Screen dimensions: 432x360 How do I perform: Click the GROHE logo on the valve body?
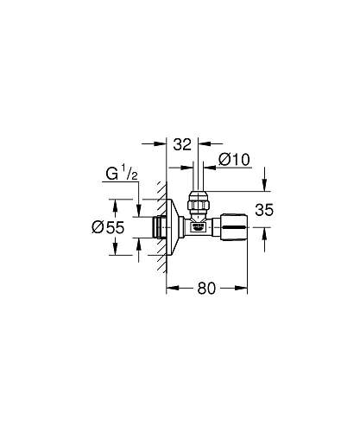[x=198, y=229]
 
